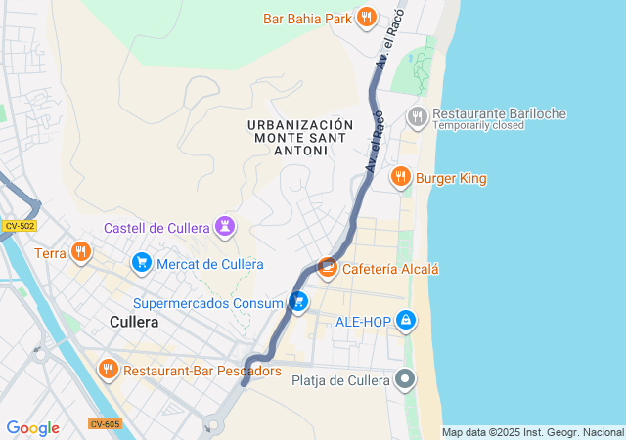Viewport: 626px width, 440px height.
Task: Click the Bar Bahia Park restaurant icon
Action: (367, 17)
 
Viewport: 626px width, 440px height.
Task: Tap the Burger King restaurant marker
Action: (400, 177)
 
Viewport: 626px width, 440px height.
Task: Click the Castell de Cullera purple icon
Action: (226, 228)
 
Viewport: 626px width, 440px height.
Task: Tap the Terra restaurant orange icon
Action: (81, 253)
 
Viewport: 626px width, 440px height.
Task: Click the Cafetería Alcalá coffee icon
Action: (329, 268)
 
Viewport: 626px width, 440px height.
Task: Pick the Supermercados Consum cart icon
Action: (298, 303)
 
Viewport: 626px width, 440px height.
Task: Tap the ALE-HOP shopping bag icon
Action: (406, 321)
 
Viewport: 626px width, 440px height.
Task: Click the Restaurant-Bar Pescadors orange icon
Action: (109, 370)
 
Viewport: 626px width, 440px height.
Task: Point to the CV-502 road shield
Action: (19, 226)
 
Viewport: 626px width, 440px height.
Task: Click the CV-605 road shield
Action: (104, 423)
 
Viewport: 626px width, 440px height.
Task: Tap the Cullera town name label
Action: (134, 322)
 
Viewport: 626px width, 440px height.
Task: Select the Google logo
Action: (32, 428)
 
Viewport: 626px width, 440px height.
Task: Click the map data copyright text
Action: (531, 432)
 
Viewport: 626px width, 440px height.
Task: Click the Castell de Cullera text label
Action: (157, 228)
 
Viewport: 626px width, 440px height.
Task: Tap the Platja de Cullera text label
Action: (340, 380)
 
